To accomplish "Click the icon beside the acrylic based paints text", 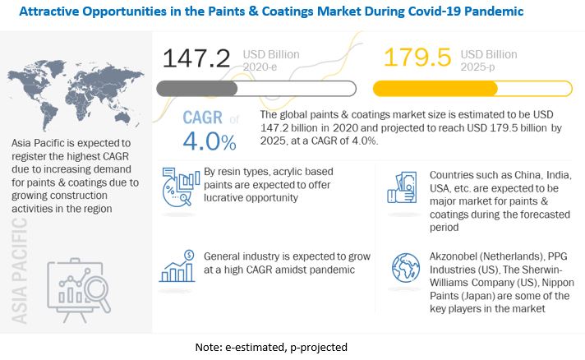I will [181, 187].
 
